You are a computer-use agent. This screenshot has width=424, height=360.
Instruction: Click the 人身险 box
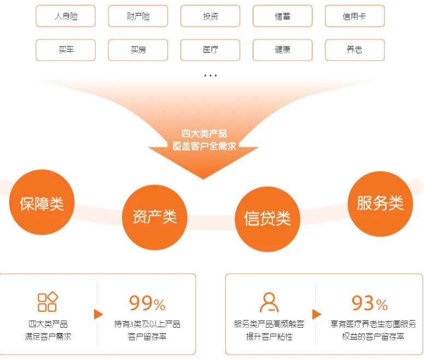(x=66, y=16)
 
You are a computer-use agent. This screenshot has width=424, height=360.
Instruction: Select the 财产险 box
(x=138, y=16)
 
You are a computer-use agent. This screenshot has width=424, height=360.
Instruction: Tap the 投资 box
(x=210, y=16)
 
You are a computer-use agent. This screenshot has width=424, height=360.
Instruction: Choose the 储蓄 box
(x=282, y=16)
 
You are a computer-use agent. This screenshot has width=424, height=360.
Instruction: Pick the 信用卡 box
(x=355, y=16)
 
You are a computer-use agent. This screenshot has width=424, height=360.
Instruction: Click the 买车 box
(x=66, y=50)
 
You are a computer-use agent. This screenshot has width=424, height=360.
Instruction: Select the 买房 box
(x=138, y=50)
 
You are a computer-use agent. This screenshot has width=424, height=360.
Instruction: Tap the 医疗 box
(x=210, y=50)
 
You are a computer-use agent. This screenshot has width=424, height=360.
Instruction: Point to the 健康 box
(x=282, y=50)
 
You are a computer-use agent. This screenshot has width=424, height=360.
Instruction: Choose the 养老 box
(x=355, y=50)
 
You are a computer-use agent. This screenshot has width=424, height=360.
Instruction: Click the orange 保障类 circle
(x=42, y=203)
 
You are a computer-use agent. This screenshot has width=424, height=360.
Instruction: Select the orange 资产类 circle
(x=154, y=217)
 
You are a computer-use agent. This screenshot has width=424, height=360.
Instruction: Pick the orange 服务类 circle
(x=380, y=203)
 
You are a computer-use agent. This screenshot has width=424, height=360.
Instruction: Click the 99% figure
(x=147, y=303)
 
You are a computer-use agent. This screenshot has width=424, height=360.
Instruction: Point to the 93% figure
(x=370, y=303)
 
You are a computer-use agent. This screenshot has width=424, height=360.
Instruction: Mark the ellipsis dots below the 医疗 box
(x=210, y=76)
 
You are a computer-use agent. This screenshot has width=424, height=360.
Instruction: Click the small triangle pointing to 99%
(x=98, y=314)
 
